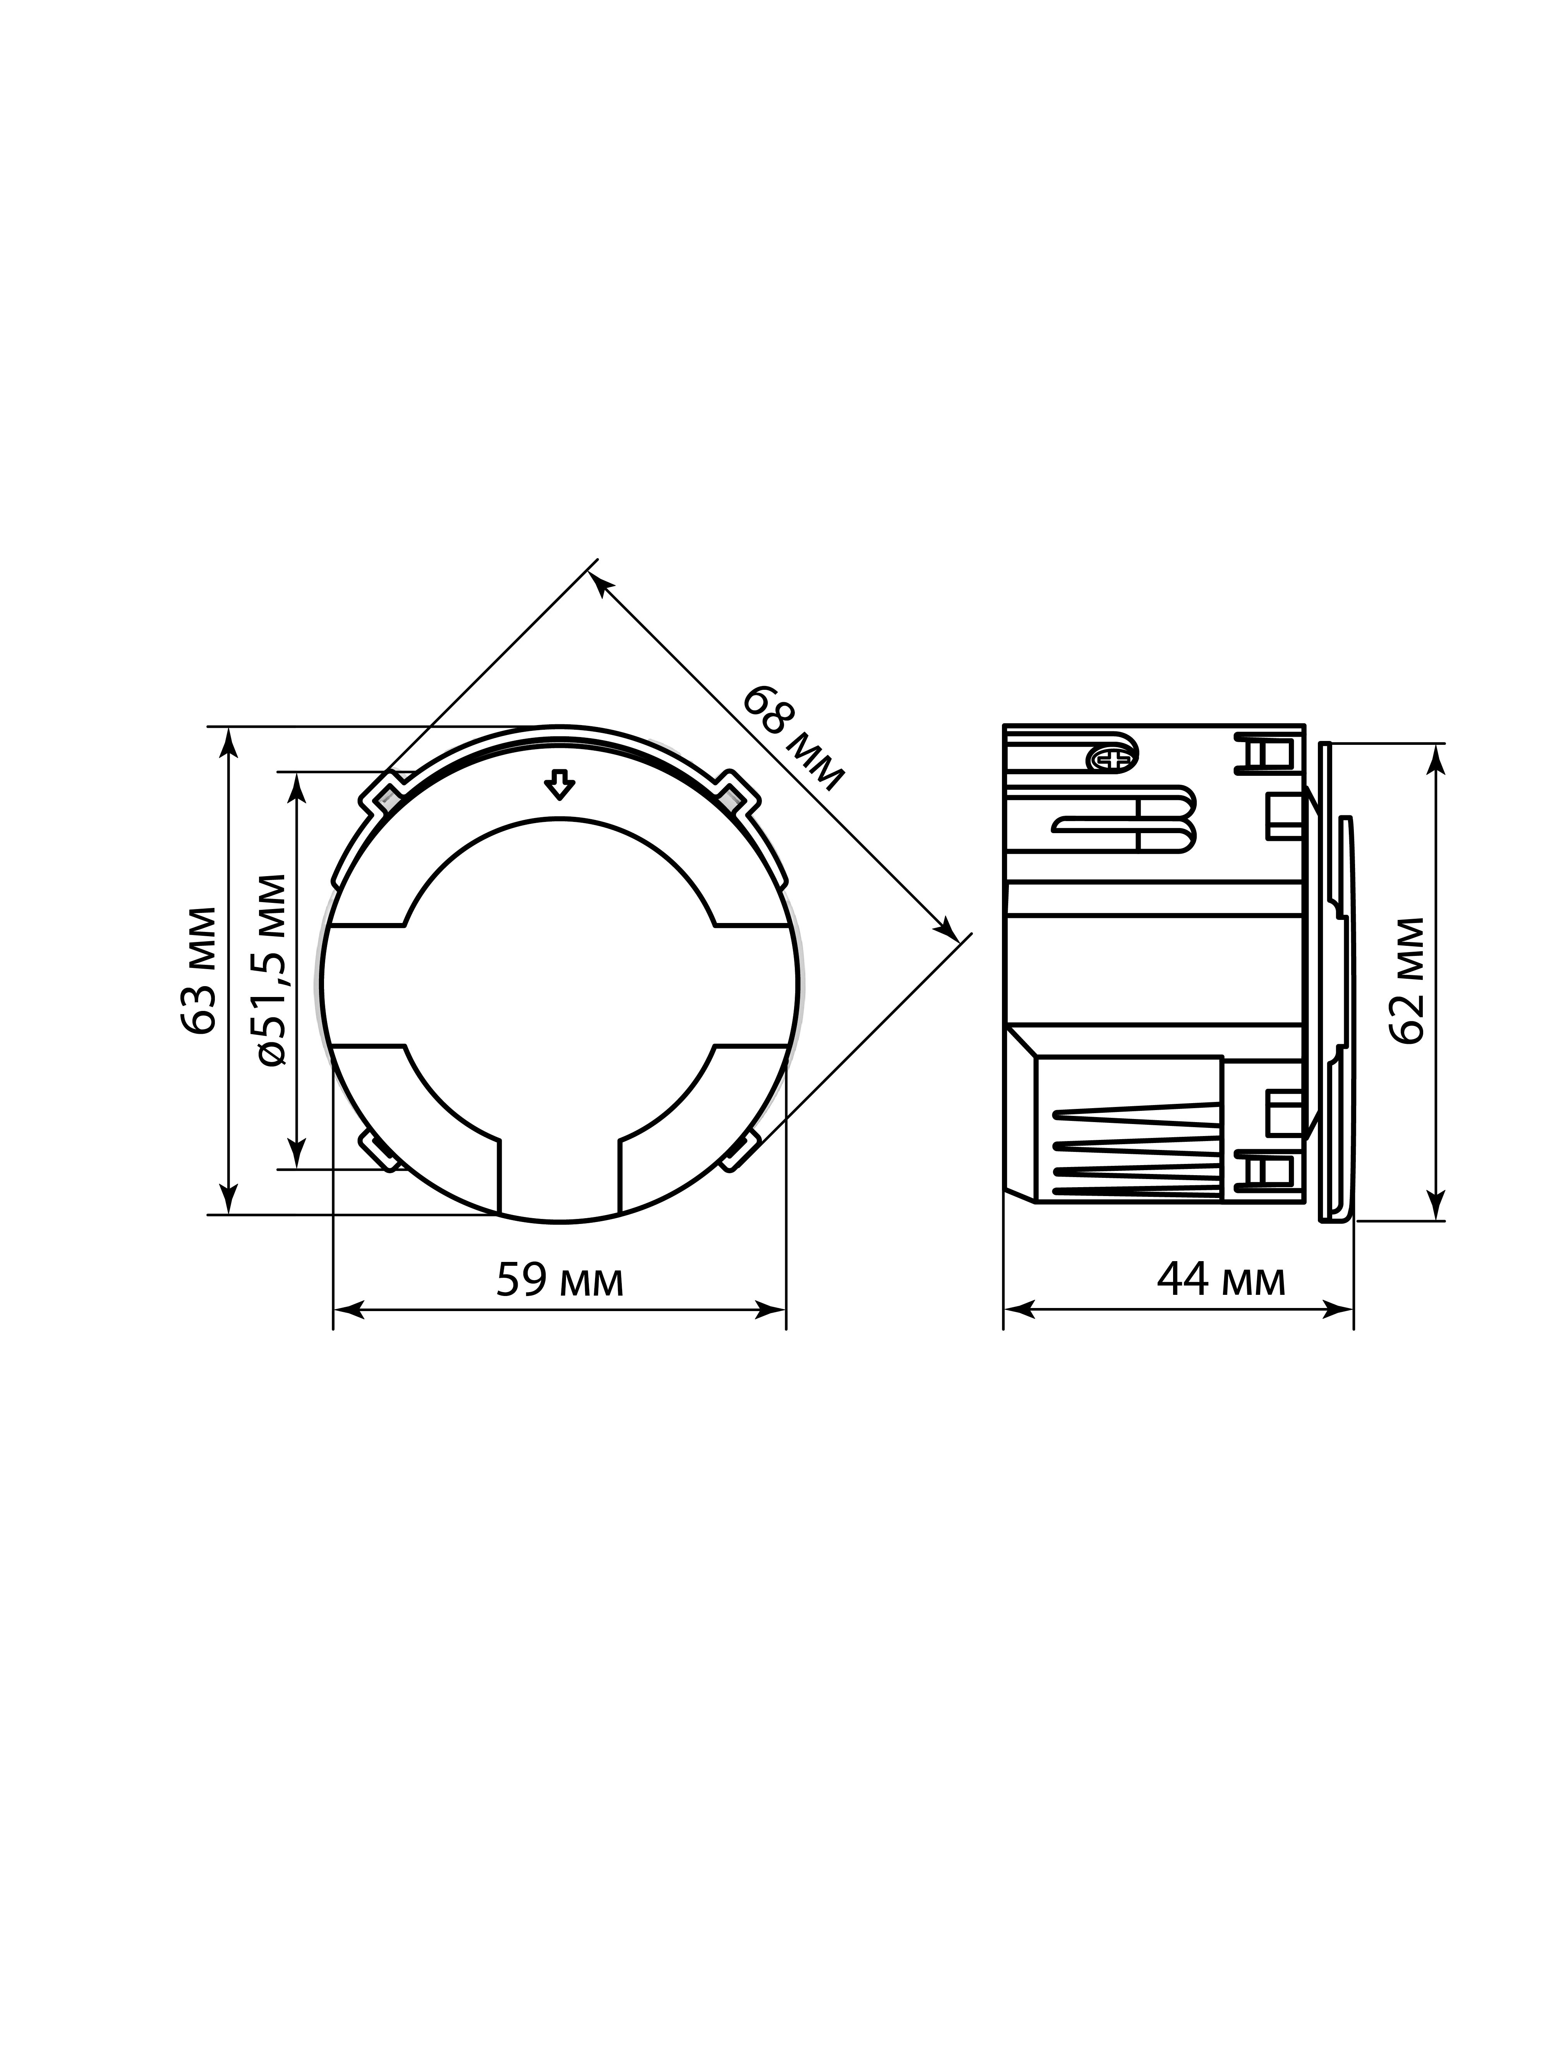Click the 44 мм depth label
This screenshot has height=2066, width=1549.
1220,1280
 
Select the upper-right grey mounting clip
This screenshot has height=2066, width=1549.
735,794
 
